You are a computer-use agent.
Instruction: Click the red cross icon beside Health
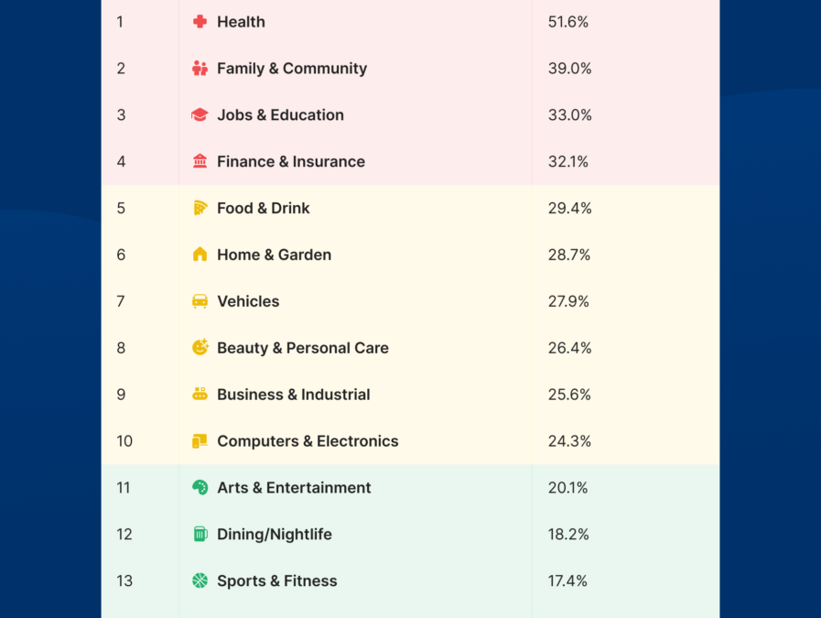200,22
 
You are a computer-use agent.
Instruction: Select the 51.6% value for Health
567,22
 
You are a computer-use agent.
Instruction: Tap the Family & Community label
291,69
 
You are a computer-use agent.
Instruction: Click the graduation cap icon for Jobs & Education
200,115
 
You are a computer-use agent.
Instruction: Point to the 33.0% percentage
569,115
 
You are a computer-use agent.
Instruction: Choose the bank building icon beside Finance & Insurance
200,162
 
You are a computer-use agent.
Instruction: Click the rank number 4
121,162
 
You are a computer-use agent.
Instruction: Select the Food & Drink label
263,209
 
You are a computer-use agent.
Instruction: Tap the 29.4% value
569,209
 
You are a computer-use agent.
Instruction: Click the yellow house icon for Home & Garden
200,255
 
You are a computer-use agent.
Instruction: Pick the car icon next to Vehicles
200,301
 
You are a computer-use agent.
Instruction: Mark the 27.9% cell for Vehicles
568,301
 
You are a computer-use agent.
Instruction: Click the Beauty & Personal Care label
302,348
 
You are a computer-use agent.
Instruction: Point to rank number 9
121,395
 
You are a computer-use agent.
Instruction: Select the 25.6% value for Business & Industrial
569,395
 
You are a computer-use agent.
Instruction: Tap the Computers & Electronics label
308,441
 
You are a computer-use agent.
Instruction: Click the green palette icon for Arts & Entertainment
200,488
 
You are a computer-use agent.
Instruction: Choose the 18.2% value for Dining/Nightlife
568,535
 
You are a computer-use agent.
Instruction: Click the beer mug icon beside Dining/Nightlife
200,535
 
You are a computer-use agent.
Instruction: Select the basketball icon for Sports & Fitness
200,581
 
